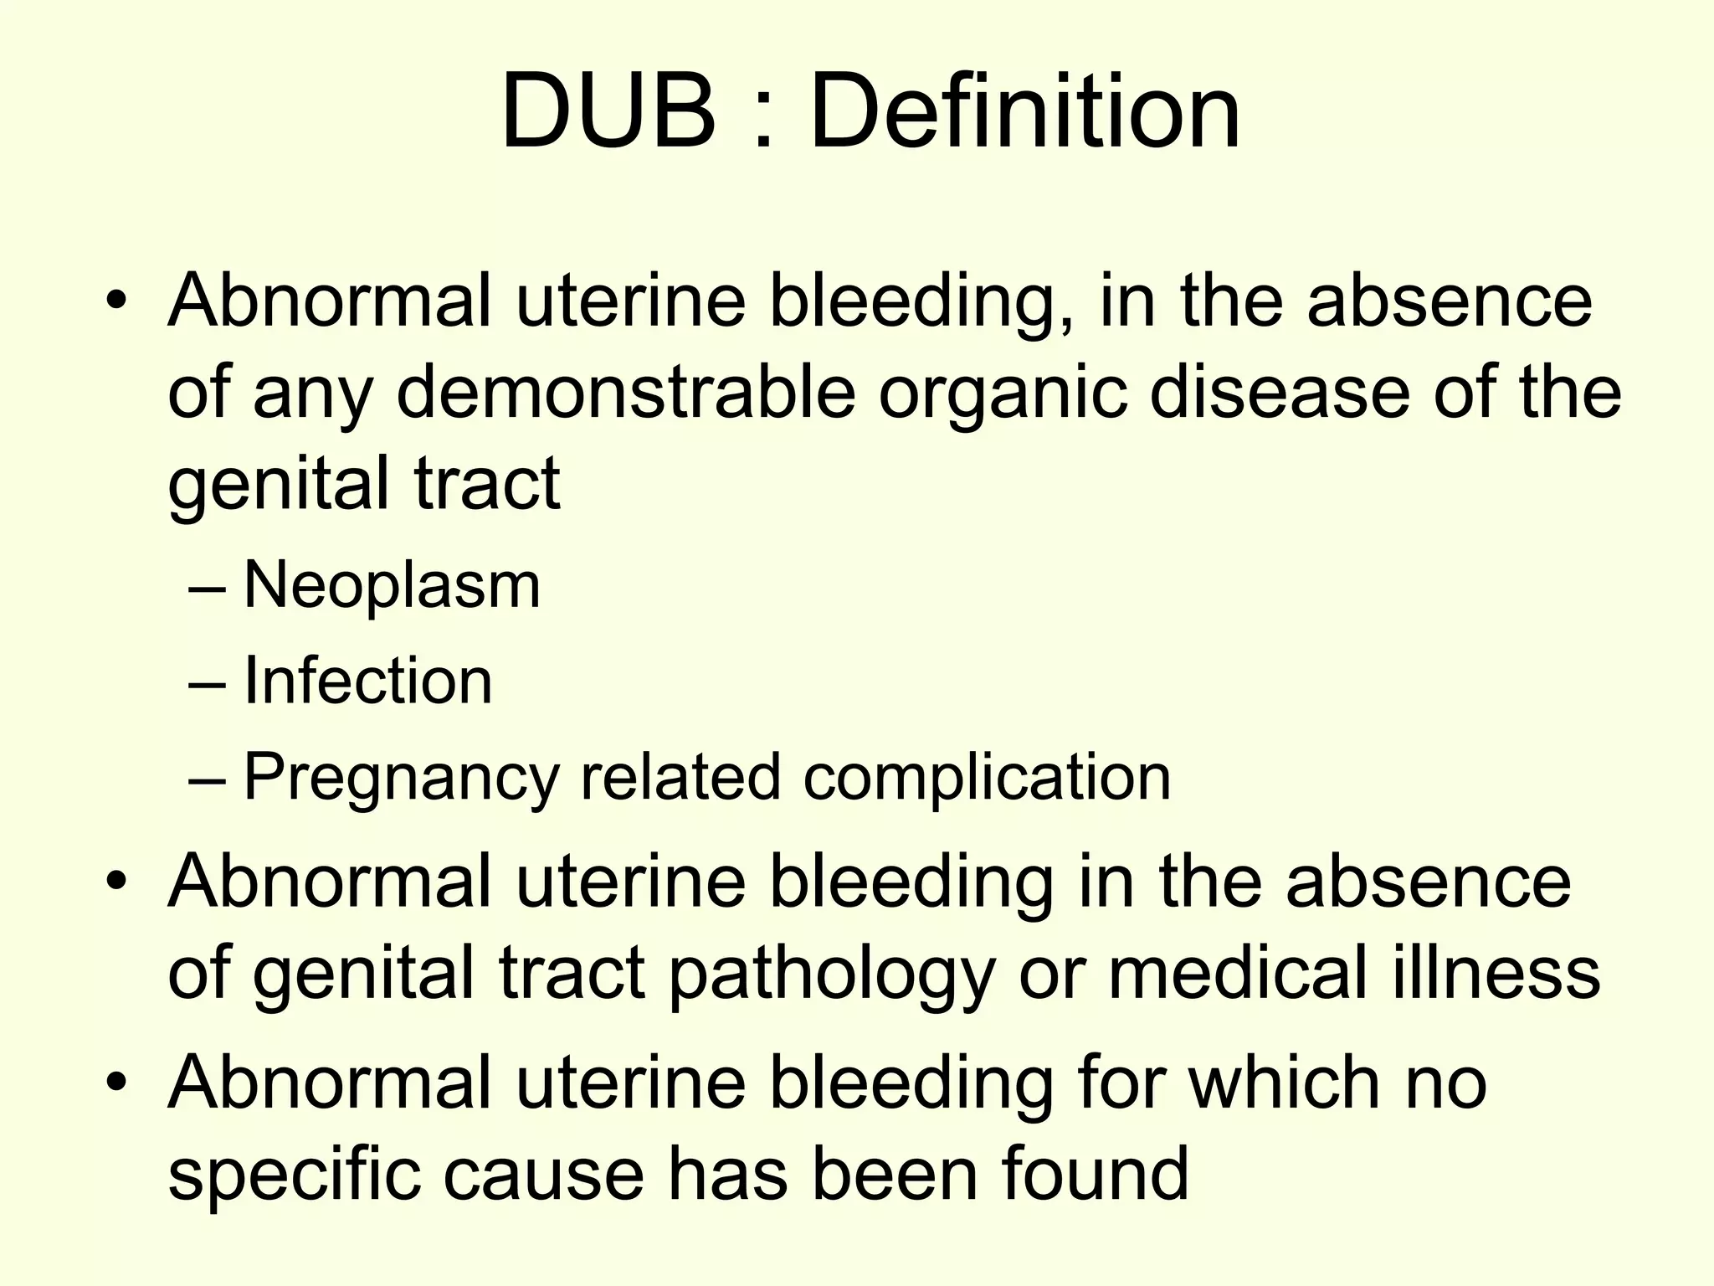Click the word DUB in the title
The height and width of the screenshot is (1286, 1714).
[x=608, y=111]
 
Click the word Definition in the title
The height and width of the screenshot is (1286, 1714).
[x=1024, y=111]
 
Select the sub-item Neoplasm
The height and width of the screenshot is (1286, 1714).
[x=392, y=585]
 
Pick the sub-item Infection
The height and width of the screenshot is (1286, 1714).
[x=367, y=681]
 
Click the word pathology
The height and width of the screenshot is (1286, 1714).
[x=832, y=975]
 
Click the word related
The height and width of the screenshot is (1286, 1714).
[x=680, y=777]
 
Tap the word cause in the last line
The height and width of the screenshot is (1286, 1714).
[x=543, y=1174]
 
